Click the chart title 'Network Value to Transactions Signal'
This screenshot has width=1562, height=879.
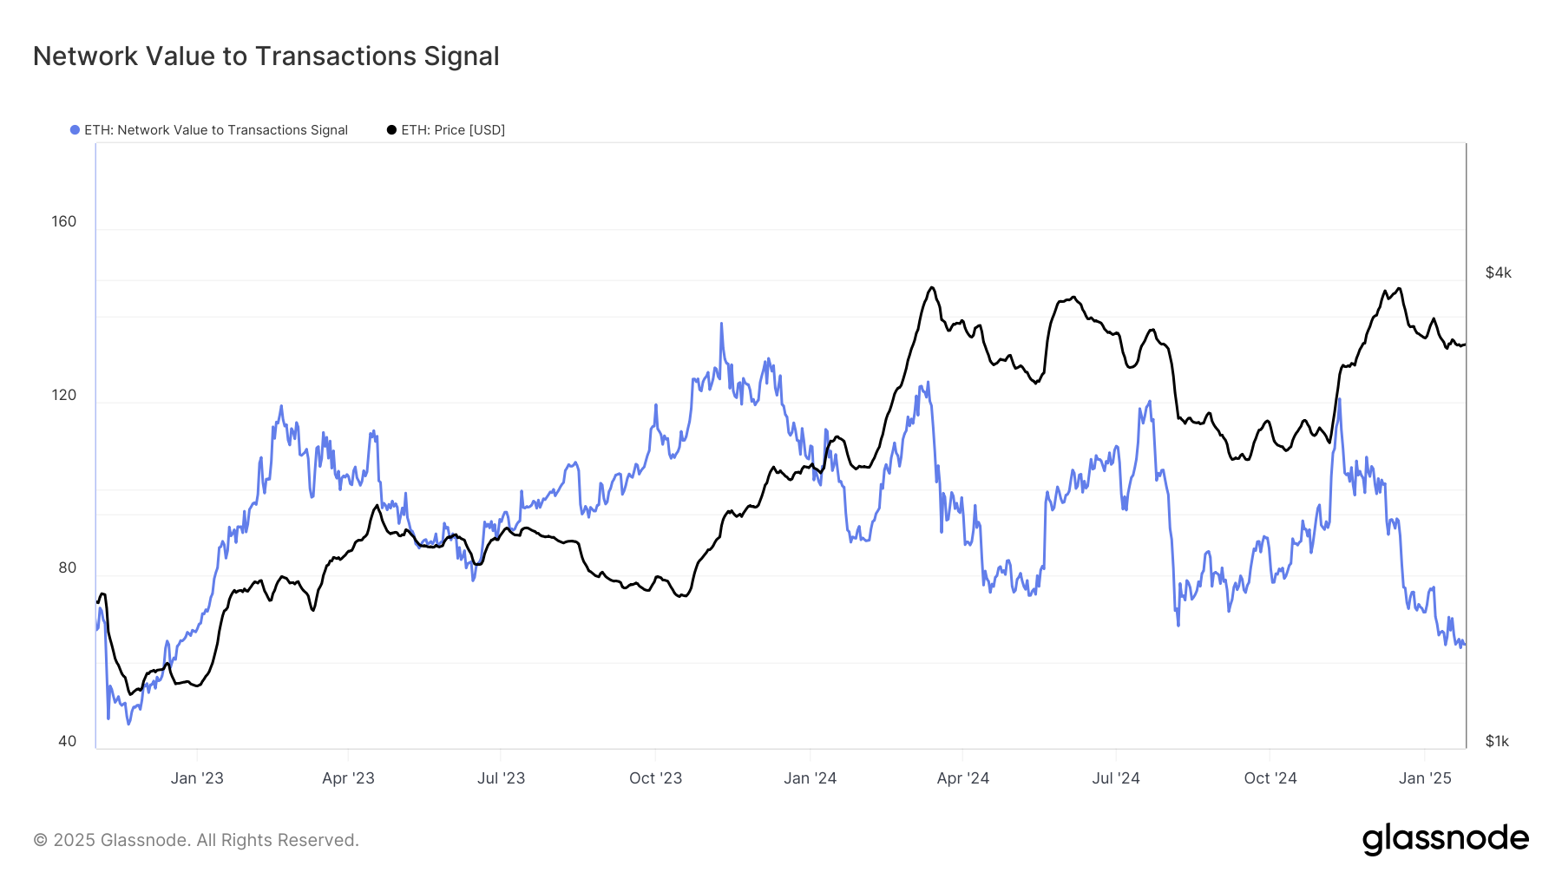[266, 56]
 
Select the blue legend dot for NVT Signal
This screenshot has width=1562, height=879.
[75, 130]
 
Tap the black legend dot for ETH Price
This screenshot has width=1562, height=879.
[391, 130]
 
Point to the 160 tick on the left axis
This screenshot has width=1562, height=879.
[64, 221]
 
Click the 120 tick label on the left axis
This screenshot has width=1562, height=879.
[64, 395]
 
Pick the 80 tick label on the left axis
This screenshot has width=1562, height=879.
[68, 567]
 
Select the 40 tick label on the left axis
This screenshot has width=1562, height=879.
[68, 741]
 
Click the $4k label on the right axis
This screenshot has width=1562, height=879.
[1498, 272]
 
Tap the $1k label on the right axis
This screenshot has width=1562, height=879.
[1497, 741]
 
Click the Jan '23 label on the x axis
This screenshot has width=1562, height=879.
[197, 778]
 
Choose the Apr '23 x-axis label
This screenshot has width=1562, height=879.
[348, 778]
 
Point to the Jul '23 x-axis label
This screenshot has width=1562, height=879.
[501, 778]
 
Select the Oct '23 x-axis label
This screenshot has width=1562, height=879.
[655, 778]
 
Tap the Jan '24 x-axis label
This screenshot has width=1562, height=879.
[810, 778]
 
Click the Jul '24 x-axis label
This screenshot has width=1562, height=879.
[1115, 778]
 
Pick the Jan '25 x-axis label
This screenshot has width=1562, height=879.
[1425, 778]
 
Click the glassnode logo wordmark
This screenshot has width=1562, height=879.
[1445, 839]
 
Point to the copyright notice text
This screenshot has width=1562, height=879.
[196, 840]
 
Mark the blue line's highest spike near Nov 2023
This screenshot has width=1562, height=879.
[721, 325]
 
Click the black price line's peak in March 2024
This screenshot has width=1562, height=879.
[931, 288]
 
